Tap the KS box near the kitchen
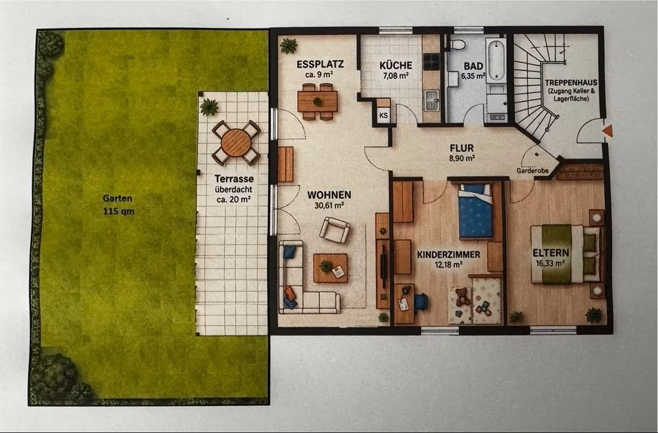tap(384, 115)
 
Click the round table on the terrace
tap(236, 143)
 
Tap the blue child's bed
tap(475, 211)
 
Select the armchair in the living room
tap(334, 230)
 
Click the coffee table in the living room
tap(331, 268)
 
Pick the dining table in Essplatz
tap(317, 101)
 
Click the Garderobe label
tap(532, 170)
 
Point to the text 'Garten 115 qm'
tap(118, 205)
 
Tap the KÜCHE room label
tap(396, 65)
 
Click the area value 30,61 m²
tap(329, 206)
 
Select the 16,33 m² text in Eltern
tap(550, 263)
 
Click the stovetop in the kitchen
tap(432, 61)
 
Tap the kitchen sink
tap(432, 100)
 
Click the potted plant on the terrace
tap(209, 106)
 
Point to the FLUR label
tap(462, 147)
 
